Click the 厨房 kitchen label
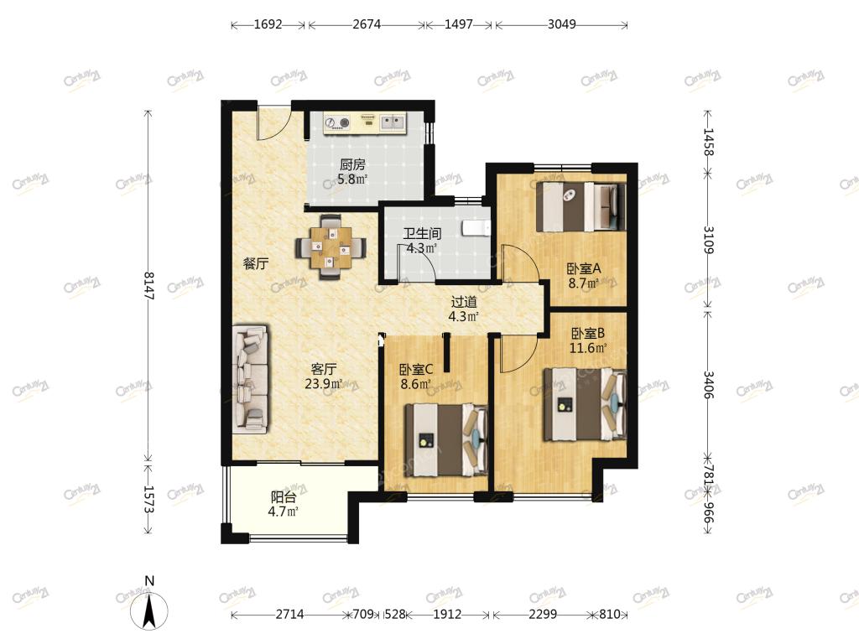[x=352, y=164]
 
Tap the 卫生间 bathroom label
[x=422, y=234]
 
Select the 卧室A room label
[x=584, y=269]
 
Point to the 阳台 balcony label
[x=284, y=497]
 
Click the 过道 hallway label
[x=463, y=302]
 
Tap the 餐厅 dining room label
[x=256, y=263]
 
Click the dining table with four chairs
[x=331, y=247]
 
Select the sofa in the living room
[x=250, y=380]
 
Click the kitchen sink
[x=393, y=122]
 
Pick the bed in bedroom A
[x=580, y=206]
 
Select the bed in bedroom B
[x=585, y=404]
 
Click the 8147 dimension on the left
[x=148, y=286]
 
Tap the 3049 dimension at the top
[x=561, y=24]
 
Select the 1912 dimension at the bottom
[x=447, y=615]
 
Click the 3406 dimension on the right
[x=708, y=385]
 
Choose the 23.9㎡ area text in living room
[x=324, y=384]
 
